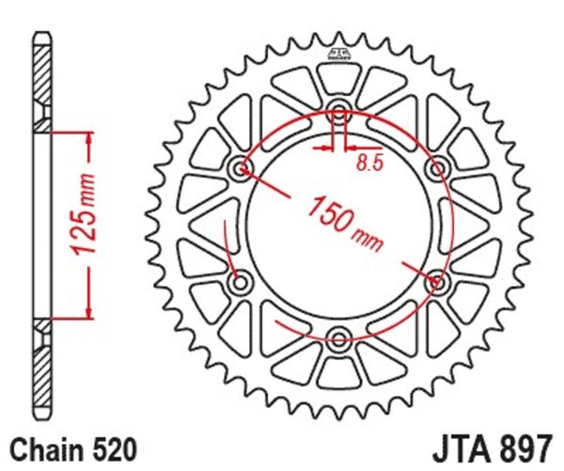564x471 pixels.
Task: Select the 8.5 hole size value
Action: coord(369,164)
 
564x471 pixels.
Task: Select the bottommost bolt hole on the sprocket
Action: coord(338,335)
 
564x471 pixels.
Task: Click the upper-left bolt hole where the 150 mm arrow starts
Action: coord(242,168)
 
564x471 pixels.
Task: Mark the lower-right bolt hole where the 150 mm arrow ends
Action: coord(436,279)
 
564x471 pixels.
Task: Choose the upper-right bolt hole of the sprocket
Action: coord(436,168)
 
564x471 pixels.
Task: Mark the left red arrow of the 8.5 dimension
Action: coord(325,148)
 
